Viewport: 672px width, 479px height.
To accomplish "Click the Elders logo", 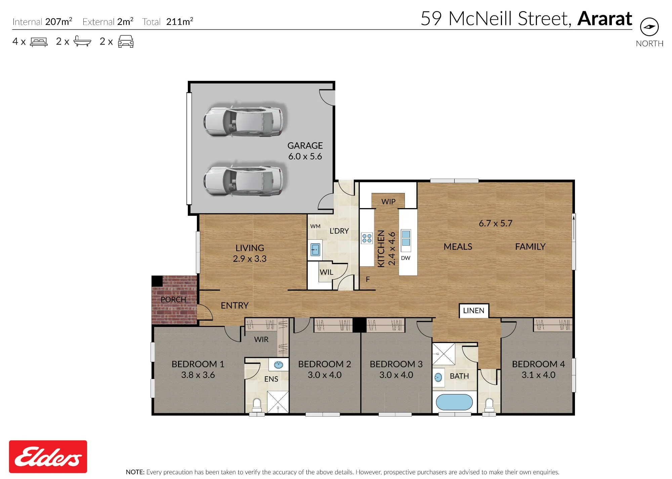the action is coord(48,457).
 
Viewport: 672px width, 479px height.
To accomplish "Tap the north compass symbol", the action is coord(649,27).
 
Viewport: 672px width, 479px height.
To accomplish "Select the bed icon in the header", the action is coord(39,42).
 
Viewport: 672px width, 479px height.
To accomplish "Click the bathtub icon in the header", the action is coord(82,41).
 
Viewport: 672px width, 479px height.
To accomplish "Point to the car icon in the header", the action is coord(126,41).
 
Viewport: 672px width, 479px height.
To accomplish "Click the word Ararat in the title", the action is coord(604,18).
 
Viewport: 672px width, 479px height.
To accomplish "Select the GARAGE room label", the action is coord(305,146).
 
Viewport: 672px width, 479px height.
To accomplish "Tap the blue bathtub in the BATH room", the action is coord(454,402).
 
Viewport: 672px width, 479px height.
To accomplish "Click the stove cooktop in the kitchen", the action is coord(367,238).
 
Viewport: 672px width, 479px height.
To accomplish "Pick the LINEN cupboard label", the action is coord(474,310).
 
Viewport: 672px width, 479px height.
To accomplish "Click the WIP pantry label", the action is coord(388,202).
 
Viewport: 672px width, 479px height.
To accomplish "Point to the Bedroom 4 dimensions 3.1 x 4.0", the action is coord(538,375).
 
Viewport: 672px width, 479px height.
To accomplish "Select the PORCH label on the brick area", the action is coord(173,299).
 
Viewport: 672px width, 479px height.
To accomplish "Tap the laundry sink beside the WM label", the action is coord(315,250).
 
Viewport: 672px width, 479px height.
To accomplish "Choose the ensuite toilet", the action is coord(257,405).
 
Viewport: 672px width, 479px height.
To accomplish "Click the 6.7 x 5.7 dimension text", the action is coord(495,223).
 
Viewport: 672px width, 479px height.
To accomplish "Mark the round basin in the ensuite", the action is coord(279,365).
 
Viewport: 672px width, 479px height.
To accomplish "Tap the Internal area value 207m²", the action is coord(59,21).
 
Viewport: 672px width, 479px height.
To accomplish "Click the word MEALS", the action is coord(458,247).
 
